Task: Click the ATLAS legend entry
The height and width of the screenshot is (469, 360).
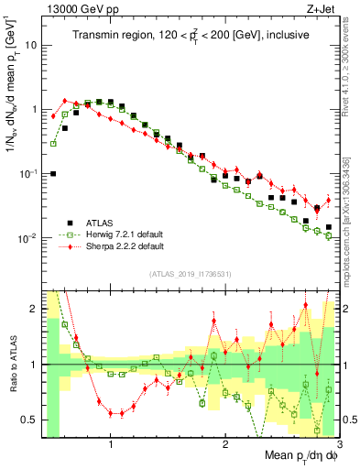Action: tap(102, 223)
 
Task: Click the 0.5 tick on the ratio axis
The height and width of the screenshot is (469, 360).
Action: tap(31, 420)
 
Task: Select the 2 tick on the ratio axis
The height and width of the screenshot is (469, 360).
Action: tap(36, 309)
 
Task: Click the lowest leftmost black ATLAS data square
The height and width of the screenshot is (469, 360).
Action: tap(53, 173)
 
